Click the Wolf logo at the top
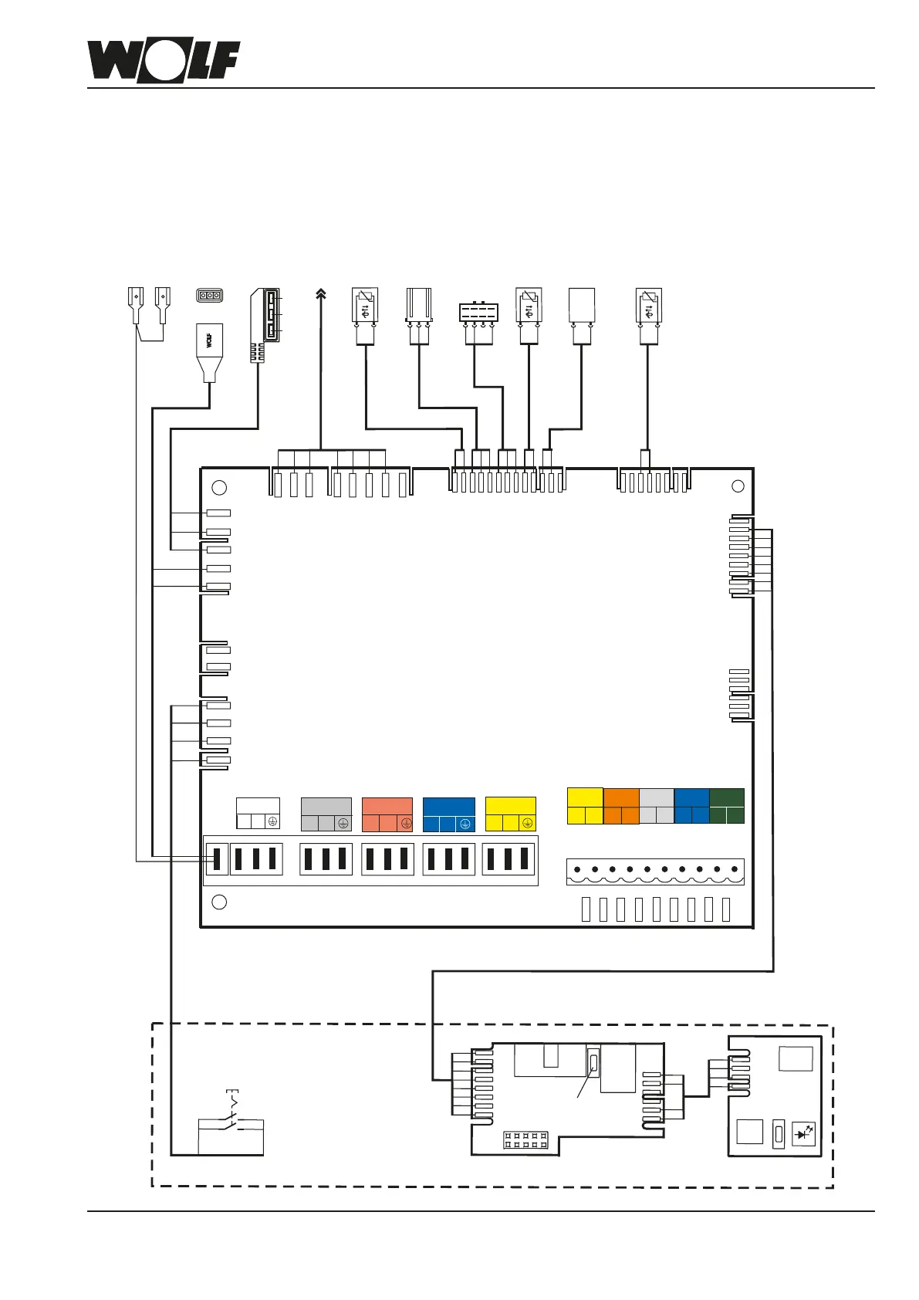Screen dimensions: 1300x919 (x=163, y=61)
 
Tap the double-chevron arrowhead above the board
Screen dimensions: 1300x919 (x=321, y=293)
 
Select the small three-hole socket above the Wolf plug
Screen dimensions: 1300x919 (x=210, y=296)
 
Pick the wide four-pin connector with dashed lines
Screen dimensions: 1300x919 (x=478, y=313)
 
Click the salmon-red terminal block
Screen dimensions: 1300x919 (x=387, y=814)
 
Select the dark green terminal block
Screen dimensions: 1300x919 (x=726, y=806)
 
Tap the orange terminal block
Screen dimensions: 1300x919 (x=621, y=806)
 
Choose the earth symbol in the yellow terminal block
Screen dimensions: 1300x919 (x=528, y=824)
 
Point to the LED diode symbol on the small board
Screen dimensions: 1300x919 (x=803, y=1134)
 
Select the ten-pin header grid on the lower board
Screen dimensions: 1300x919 (x=525, y=1140)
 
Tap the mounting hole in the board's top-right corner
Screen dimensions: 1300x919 (x=738, y=486)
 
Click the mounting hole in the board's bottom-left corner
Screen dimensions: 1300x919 (x=219, y=902)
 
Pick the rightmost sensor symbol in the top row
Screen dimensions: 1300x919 (x=648, y=307)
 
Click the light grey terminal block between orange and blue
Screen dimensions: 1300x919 (x=656, y=806)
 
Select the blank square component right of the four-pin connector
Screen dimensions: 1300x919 (x=581, y=306)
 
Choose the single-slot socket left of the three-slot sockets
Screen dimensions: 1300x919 (x=217, y=859)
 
